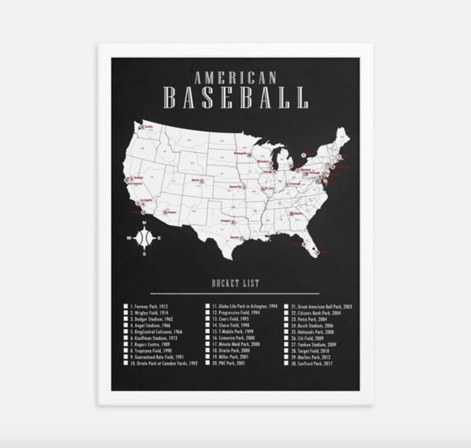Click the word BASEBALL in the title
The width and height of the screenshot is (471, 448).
tap(235, 100)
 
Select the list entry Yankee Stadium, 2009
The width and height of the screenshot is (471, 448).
tap(315, 345)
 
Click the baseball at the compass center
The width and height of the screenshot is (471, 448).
tap(143, 238)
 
